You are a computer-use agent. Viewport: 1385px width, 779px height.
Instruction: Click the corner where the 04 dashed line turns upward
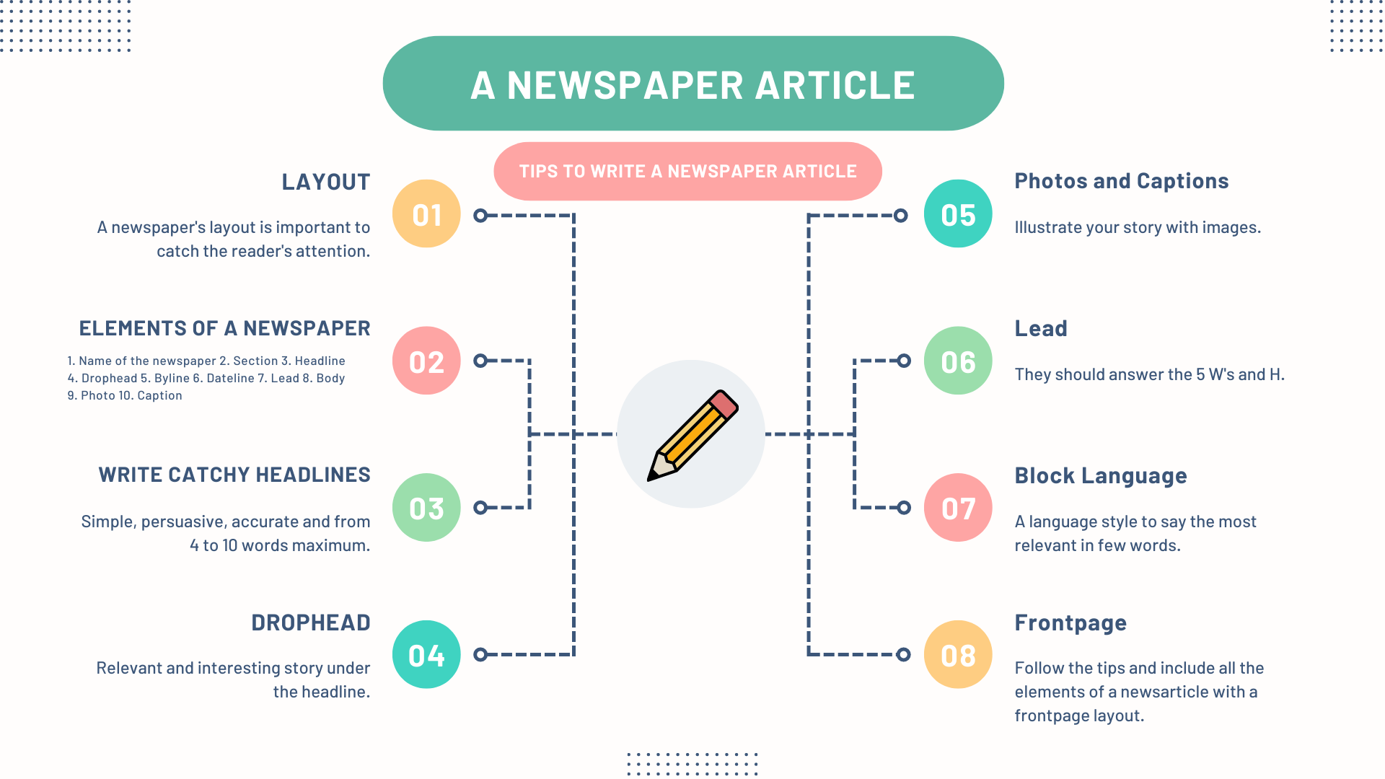tap(573, 654)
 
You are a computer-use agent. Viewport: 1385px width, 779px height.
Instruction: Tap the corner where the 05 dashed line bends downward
tap(809, 215)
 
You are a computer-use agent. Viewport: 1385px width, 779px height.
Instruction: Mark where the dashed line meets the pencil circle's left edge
tap(617, 434)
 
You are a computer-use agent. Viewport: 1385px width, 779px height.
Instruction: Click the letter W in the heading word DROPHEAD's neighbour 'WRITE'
tap(107, 475)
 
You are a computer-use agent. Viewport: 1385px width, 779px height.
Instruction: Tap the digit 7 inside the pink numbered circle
tap(967, 509)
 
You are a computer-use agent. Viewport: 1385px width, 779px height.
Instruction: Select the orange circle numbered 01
tap(426, 214)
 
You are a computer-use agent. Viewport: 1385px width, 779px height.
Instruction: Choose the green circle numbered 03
tap(426, 507)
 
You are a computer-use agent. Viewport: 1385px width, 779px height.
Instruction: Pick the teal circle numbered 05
tap(958, 214)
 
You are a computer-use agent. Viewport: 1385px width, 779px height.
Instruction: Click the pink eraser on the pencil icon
tap(724, 404)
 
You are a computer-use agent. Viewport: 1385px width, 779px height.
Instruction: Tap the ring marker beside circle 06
tap(904, 361)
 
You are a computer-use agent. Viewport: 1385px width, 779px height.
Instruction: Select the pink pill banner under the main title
tap(687, 171)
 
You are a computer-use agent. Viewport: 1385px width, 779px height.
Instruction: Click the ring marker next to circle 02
tap(480, 361)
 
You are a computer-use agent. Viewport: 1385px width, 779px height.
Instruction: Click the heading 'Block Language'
tap(1101, 476)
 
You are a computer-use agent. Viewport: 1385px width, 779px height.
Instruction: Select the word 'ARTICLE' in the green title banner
tap(835, 85)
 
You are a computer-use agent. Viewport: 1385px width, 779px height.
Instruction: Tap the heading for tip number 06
tap(1041, 329)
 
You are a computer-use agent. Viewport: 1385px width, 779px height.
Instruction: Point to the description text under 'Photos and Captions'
tap(1138, 227)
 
